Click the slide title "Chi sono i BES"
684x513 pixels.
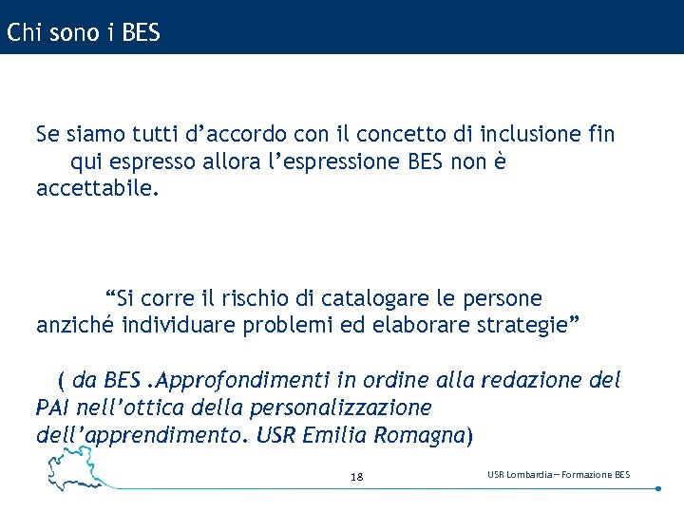84,33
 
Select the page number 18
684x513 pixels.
356,476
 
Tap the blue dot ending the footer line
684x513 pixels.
658,488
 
